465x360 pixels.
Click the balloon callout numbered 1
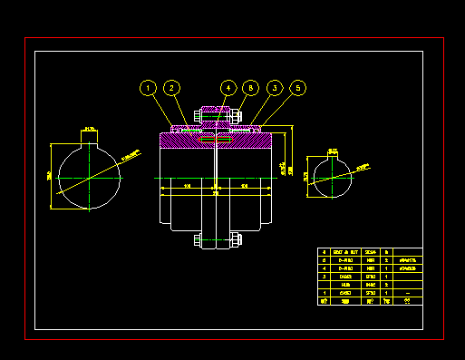(148, 88)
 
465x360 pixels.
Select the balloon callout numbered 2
(171, 88)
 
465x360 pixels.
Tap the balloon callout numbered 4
(228, 88)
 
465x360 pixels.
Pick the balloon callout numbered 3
(275, 88)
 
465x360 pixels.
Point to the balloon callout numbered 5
(298, 88)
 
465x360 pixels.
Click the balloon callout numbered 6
(251, 88)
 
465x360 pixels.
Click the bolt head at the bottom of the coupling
(199, 240)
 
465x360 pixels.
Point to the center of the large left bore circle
(90, 176)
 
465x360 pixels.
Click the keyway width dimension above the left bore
(90, 130)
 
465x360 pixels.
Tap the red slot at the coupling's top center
(216, 141)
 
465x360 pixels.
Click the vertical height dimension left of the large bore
(49, 176)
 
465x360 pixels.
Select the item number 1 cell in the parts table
(325, 293)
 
